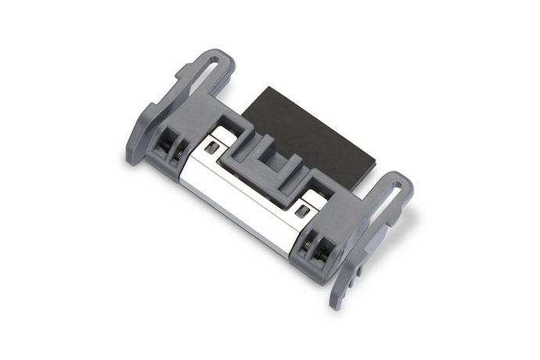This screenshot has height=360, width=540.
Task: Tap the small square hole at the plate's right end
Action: click(301, 211)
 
